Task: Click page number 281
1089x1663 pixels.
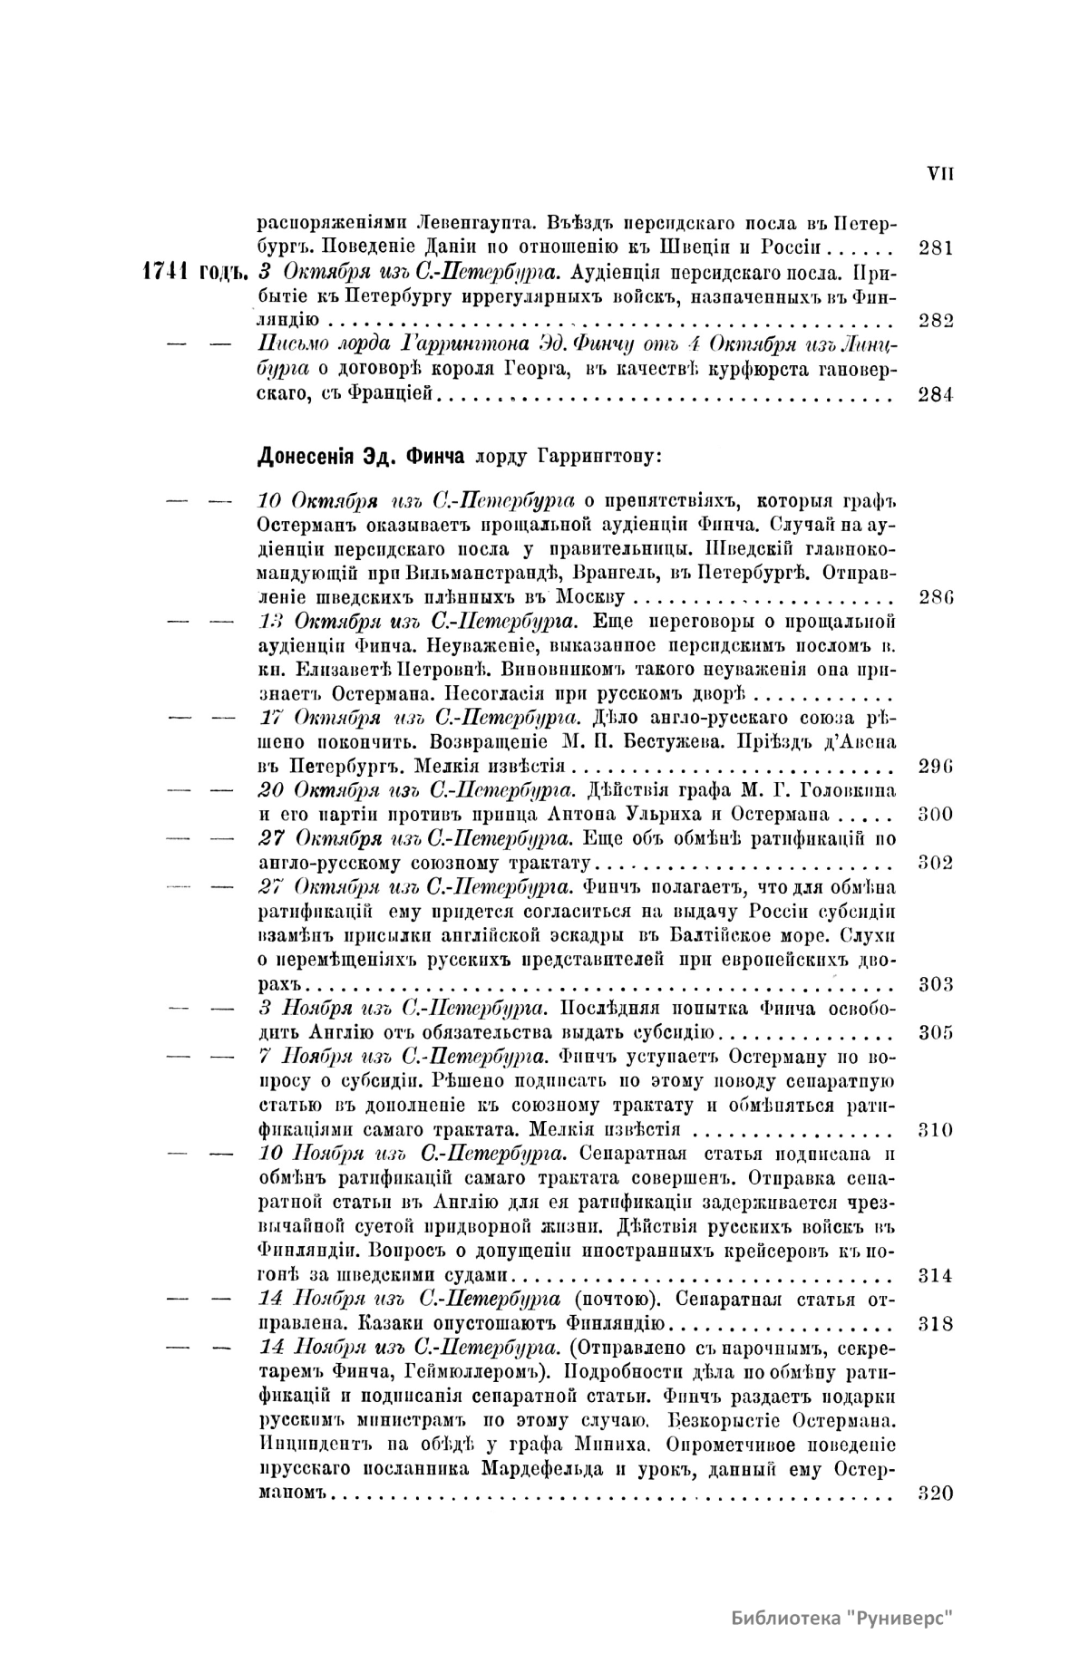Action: click(x=935, y=247)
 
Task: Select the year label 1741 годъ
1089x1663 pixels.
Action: click(x=194, y=272)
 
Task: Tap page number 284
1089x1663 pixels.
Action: click(x=935, y=394)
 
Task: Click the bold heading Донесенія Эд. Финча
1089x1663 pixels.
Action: click(x=361, y=456)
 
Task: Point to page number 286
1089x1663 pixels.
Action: click(x=935, y=598)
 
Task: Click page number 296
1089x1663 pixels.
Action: click(x=935, y=766)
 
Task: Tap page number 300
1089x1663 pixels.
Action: click(x=935, y=814)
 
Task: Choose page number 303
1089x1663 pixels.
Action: click(x=935, y=985)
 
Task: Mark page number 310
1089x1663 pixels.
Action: click(x=935, y=1130)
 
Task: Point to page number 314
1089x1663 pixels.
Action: click(x=935, y=1276)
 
